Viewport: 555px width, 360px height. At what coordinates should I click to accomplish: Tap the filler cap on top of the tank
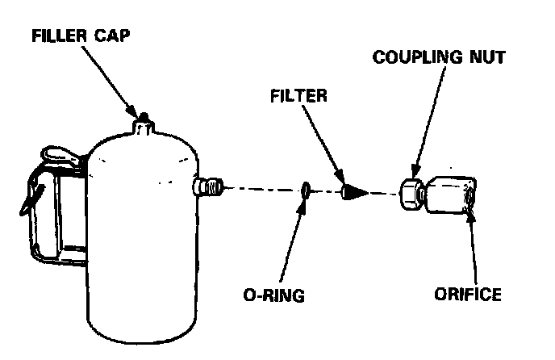[144, 125]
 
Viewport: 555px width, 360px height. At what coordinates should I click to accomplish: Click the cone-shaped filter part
[353, 193]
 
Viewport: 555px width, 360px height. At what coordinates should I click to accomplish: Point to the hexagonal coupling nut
[411, 194]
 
